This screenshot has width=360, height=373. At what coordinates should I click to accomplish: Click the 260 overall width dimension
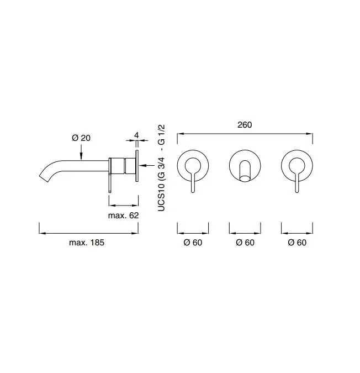point(245,125)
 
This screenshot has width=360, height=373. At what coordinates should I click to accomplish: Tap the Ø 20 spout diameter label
point(81,138)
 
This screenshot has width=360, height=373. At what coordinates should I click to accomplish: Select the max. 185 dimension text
point(87,243)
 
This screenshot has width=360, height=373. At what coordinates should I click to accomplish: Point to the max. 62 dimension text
point(123,216)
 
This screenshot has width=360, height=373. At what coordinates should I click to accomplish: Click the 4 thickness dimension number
point(136,135)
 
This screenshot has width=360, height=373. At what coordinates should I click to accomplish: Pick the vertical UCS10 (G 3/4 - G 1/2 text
point(161,168)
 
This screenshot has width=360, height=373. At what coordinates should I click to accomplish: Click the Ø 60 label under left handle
point(193,243)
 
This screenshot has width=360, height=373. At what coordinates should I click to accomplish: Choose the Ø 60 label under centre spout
point(245,243)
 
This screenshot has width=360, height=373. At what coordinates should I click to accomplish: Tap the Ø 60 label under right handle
point(297,243)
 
